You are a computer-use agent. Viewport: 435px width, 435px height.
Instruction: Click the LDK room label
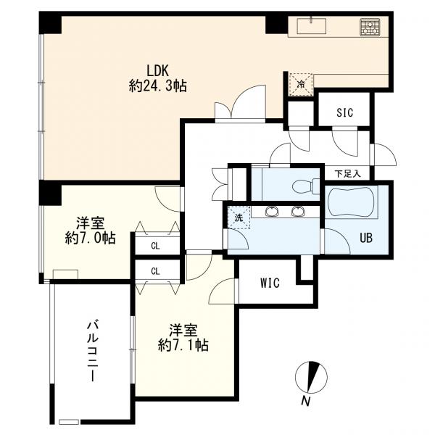[157, 71]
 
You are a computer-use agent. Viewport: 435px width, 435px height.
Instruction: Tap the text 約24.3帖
[157, 86]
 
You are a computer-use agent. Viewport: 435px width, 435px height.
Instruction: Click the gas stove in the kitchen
[370, 27]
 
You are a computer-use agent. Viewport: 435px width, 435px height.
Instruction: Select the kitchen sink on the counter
[312, 26]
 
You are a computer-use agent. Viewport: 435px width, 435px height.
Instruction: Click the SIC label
[345, 112]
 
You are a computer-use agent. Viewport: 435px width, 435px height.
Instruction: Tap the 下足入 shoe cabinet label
[347, 174]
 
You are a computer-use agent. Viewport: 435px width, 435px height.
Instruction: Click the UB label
[366, 238]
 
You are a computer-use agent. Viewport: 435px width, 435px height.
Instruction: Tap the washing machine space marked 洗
[239, 217]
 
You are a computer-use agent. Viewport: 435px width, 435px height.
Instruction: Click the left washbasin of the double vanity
[272, 212]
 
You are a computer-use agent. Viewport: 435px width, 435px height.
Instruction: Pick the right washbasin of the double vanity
[298, 212]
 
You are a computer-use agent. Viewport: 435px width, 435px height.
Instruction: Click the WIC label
[270, 283]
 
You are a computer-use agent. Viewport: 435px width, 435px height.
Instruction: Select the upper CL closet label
[156, 246]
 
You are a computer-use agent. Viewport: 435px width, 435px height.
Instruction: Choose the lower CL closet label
[156, 271]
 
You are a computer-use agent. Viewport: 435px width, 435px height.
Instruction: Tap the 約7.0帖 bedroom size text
[90, 238]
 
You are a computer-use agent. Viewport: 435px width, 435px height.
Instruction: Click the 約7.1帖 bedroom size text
[183, 345]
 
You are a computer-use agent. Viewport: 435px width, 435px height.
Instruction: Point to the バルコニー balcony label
[93, 352]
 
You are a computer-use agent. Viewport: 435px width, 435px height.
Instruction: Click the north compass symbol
[311, 378]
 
